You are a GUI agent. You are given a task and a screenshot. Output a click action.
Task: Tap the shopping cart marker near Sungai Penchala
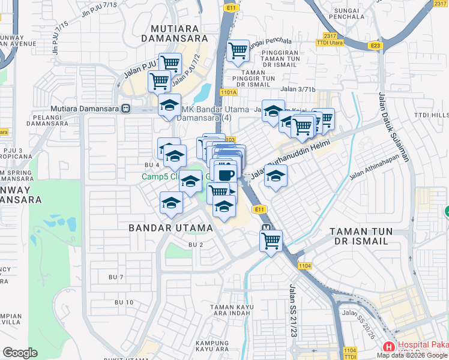click(238, 51)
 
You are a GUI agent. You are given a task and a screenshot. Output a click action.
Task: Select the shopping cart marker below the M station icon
click(271, 241)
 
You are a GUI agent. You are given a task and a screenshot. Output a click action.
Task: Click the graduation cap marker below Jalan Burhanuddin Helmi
click(276, 176)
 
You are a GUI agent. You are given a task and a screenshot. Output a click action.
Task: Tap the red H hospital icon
click(389, 347)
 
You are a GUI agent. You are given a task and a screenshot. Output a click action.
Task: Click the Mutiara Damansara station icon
click(125, 109)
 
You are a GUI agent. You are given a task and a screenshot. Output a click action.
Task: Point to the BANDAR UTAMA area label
click(171, 228)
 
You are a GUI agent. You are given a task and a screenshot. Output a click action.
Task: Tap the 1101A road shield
click(229, 92)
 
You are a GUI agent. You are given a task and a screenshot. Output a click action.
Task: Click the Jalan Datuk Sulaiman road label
click(394, 127)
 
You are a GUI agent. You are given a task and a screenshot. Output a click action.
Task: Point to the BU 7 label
click(115, 277)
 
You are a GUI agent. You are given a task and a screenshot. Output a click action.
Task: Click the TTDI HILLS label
click(431, 115)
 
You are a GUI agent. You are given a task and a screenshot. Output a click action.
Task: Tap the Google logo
click(20, 353)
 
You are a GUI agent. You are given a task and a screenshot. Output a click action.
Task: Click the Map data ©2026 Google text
click(412, 355)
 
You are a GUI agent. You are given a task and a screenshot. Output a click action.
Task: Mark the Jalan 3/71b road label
click(298, 89)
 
